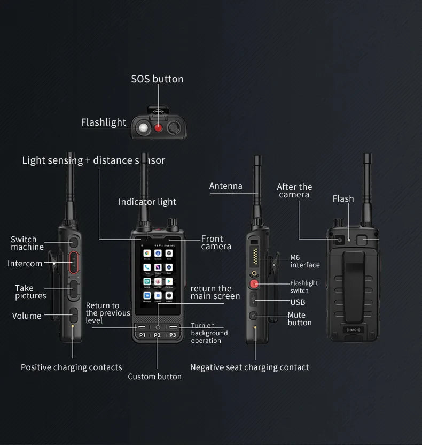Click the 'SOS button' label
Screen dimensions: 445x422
[x=157, y=79]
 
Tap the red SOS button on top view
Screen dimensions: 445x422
[x=159, y=128]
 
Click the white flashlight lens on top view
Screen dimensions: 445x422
[x=144, y=128]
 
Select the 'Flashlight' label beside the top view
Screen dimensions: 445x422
[x=104, y=122]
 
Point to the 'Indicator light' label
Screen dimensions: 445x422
[x=147, y=202]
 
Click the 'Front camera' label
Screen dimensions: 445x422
[x=216, y=242]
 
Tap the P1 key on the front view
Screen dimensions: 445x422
[x=143, y=335]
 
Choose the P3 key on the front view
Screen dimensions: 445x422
[x=173, y=335]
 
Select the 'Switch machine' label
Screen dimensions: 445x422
[x=27, y=243]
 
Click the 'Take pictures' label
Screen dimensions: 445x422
[x=30, y=292]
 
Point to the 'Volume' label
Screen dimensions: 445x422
[x=27, y=316]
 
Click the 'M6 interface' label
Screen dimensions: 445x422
[x=304, y=261]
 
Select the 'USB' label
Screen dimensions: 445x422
[x=298, y=302]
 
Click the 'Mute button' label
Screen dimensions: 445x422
[x=299, y=319]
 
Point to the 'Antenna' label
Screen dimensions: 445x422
[x=225, y=186]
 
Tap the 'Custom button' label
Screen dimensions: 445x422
[x=154, y=377]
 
